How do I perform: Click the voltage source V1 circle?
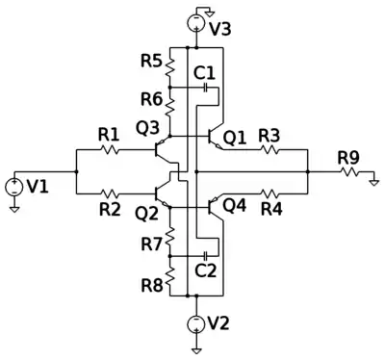tap(13, 188)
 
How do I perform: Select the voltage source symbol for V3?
tap(196, 23)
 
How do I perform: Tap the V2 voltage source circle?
tap(196, 323)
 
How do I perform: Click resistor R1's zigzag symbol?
tap(110, 149)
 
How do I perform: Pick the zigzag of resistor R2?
tap(110, 193)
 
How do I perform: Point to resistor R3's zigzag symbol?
tap(269, 149)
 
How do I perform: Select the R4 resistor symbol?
tap(269, 193)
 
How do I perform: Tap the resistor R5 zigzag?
tap(169, 67)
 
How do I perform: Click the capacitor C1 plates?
tap(206, 87)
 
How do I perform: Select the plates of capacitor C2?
tap(206, 256)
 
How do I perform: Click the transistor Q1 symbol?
tap(215, 137)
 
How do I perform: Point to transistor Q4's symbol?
tap(215, 207)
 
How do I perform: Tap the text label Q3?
tap(147, 128)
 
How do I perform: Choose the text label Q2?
tap(147, 214)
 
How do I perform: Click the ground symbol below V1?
tap(13, 209)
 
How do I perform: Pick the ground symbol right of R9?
tap(373, 182)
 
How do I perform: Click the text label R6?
tap(152, 100)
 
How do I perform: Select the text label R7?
tap(152, 244)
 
